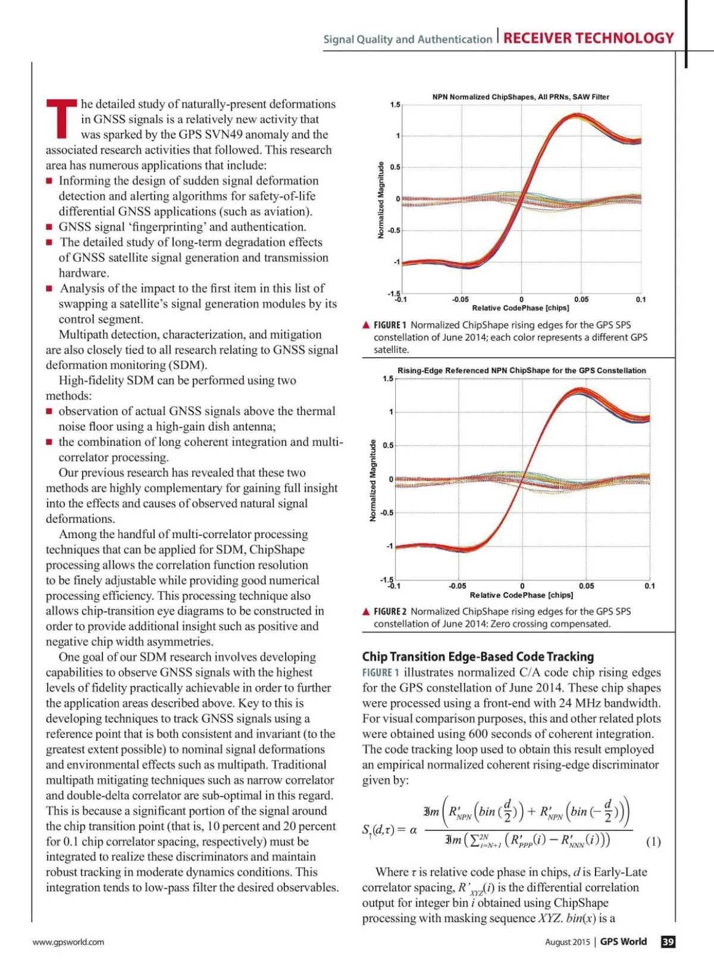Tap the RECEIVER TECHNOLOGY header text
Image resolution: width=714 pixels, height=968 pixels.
tap(588, 38)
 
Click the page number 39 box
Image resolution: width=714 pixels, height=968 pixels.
tap(668, 942)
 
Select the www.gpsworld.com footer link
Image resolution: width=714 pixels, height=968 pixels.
tap(68, 942)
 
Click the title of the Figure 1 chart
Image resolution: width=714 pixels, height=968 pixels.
tap(521, 97)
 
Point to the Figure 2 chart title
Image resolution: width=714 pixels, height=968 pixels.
tap(521, 370)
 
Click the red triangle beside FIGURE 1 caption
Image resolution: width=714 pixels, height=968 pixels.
tap(367, 325)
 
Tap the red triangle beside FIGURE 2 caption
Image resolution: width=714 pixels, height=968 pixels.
tap(367, 611)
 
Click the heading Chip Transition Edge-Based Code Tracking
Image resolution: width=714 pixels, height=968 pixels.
tap(478, 657)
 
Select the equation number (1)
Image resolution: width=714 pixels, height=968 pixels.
tap(653, 842)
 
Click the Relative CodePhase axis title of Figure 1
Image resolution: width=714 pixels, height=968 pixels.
tap(521, 308)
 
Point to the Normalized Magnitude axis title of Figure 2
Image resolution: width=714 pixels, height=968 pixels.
tap(373, 480)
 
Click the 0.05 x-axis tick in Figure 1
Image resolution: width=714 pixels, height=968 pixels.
tap(581, 299)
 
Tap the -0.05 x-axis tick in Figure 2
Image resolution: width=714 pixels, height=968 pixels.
tap(458, 586)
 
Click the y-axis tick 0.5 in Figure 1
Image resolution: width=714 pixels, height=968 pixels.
tap(395, 167)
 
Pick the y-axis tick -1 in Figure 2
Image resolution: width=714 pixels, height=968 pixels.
tap(389, 546)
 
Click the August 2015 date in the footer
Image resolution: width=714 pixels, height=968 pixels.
tap(567, 942)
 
